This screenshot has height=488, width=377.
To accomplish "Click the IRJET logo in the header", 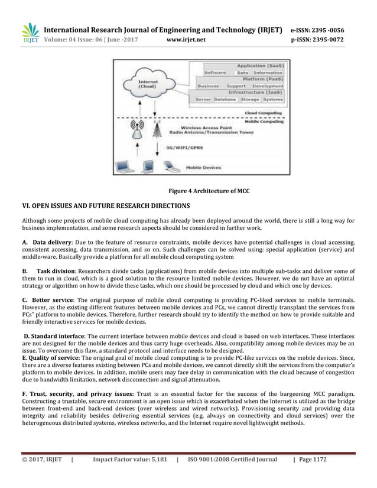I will pyautogui.click(x=30, y=33).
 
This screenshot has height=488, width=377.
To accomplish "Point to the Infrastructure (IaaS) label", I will pyautogui.click(x=256, y=92).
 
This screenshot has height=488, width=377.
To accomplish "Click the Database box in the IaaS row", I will pyautogui.click(x=225, y=99).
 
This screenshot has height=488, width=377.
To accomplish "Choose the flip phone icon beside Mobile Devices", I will pyautogui.click(x=171, y=167).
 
